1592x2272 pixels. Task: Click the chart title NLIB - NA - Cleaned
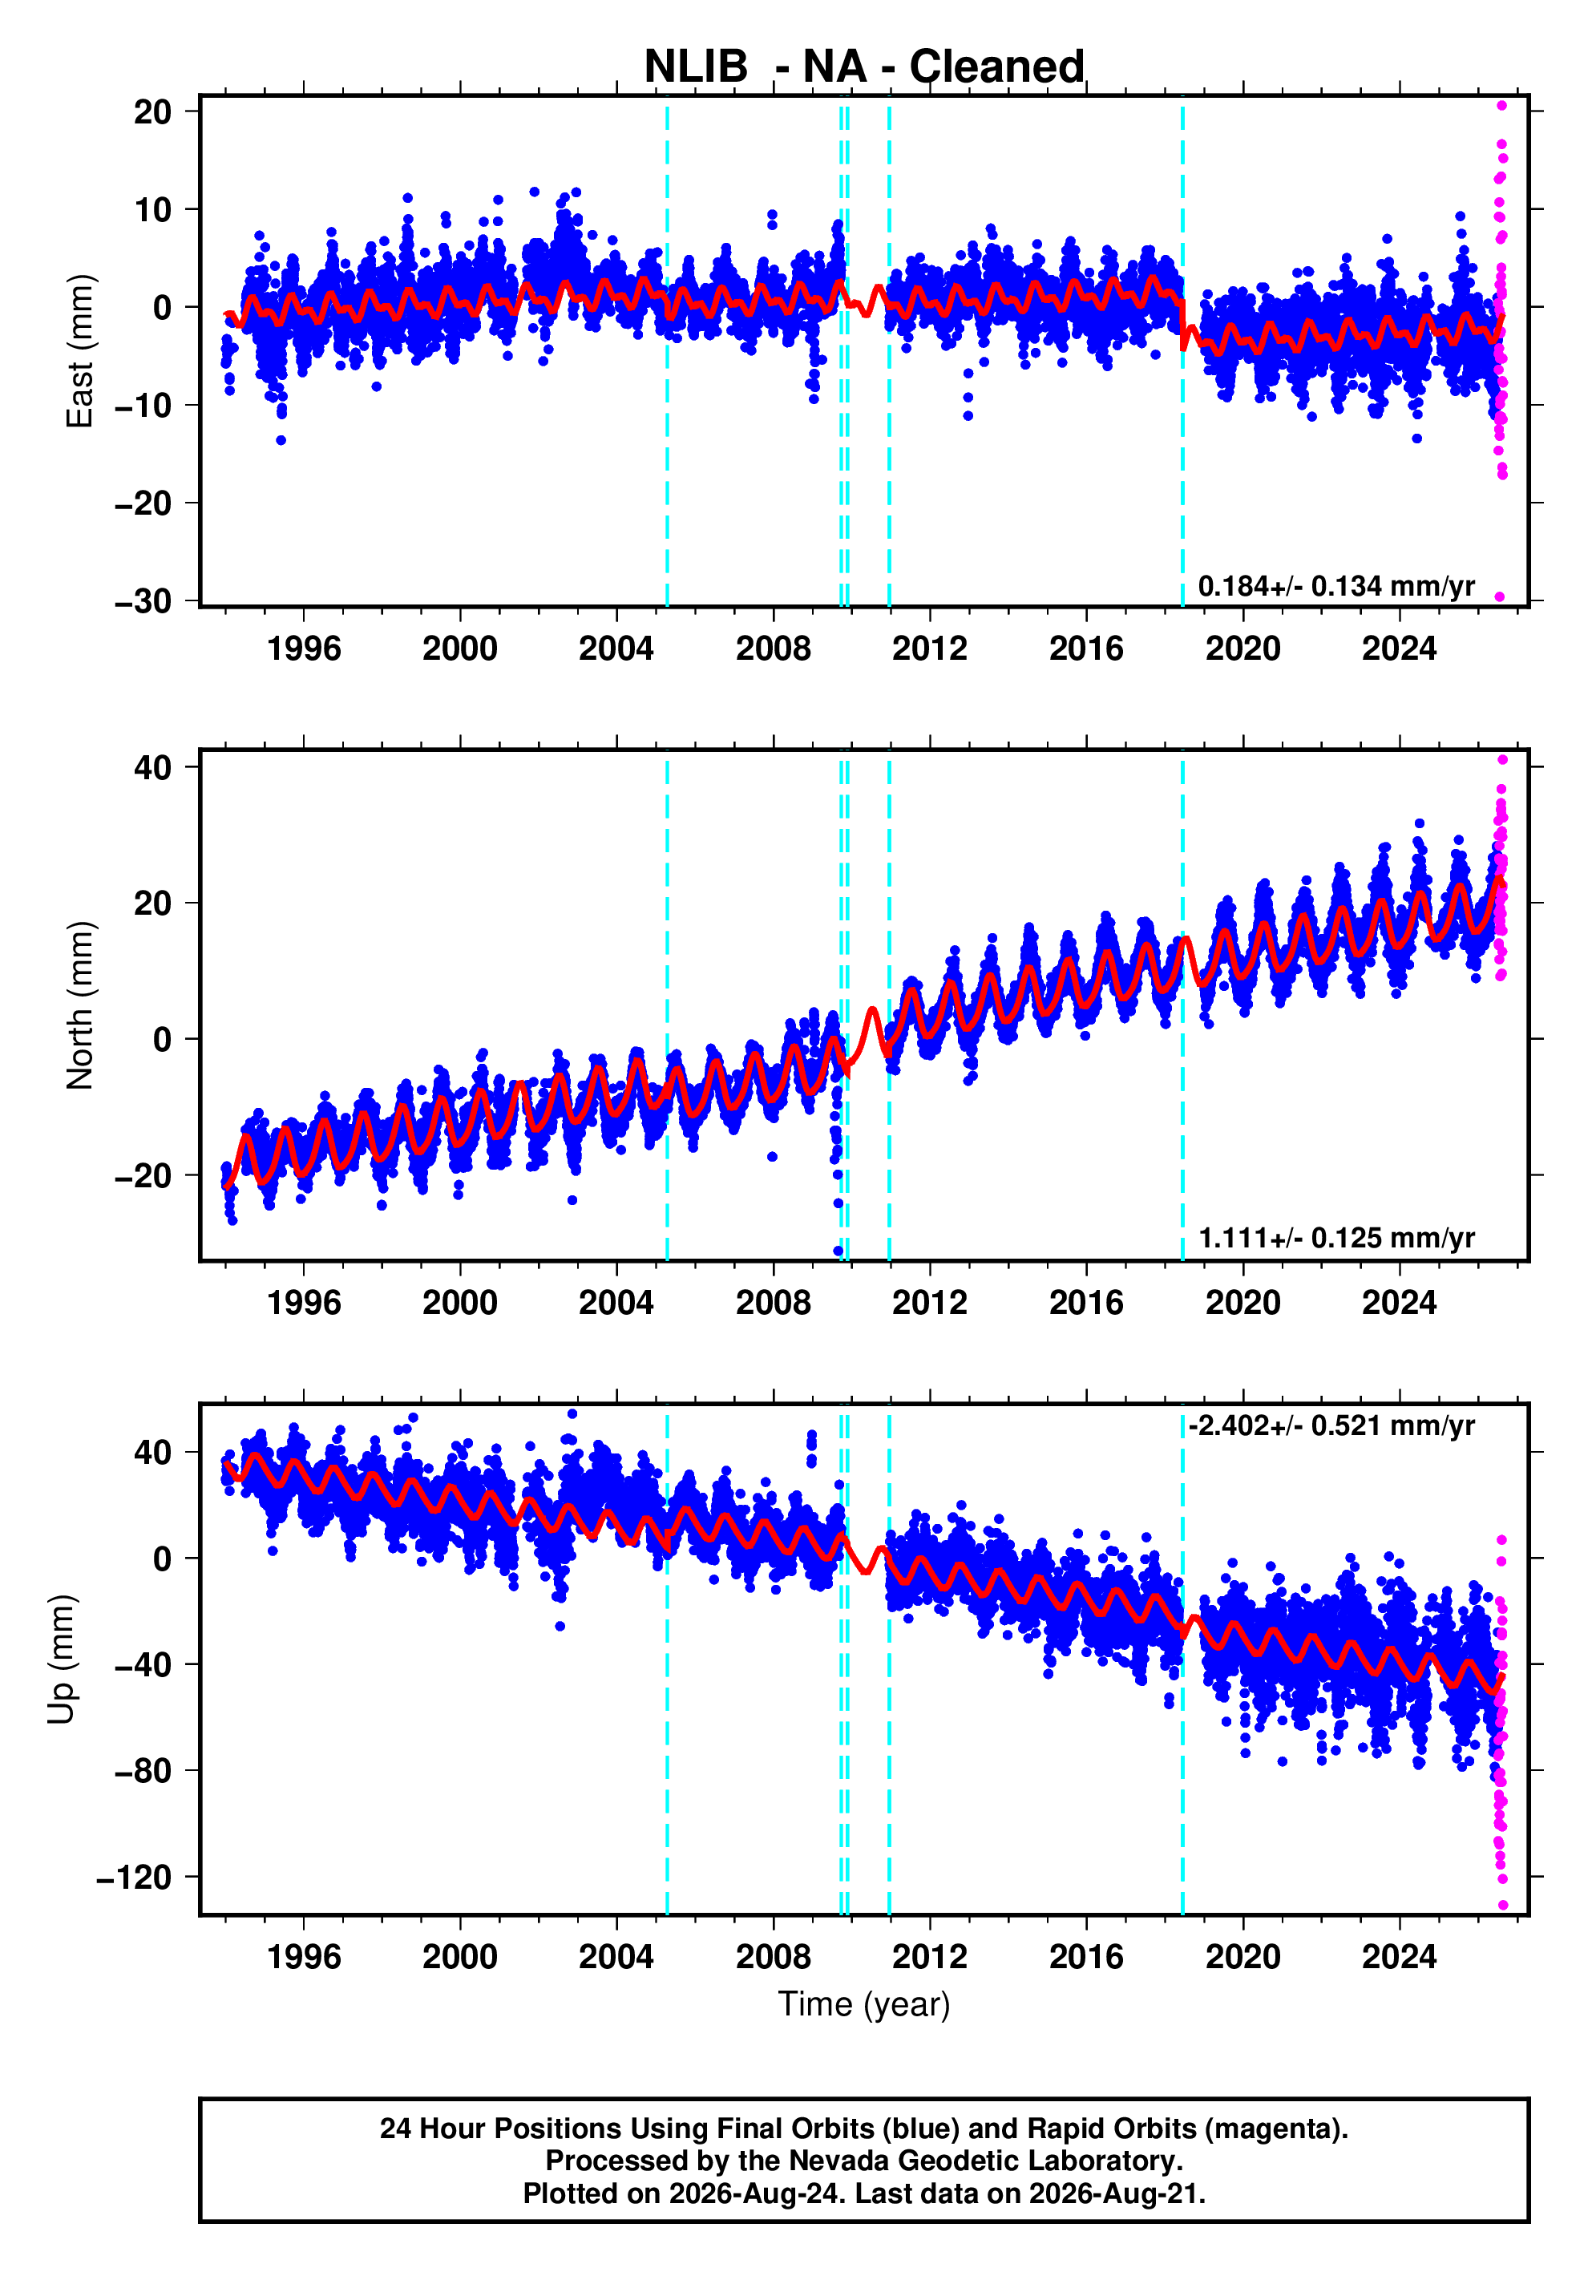[864, 67]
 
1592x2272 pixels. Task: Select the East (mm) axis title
[79, 351]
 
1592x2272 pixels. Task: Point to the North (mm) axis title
[79, 1005]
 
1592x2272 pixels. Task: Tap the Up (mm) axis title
[62, 1660]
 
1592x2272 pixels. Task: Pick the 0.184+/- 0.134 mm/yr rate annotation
[1335, 586]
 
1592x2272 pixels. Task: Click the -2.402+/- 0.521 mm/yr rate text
[1331, 1426]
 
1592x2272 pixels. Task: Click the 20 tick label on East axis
[153, 111]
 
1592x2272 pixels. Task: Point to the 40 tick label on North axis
[153, 768]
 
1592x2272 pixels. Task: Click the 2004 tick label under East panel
[616, 649]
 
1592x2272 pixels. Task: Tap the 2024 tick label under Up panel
[1399, 1957]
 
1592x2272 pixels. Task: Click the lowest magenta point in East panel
[1500, 596]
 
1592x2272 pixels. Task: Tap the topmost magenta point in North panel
[1502, 760]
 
